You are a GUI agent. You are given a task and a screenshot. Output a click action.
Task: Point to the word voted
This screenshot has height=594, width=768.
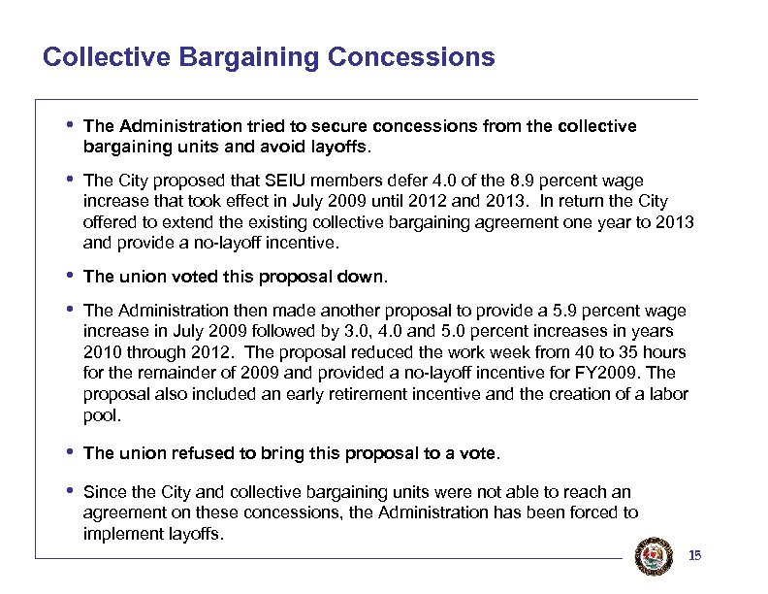179,277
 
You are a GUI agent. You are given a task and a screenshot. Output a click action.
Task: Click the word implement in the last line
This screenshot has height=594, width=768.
120,532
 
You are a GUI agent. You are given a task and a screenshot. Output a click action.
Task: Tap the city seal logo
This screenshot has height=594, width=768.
648,554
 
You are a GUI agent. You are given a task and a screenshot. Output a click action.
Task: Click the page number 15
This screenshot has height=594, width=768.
693,556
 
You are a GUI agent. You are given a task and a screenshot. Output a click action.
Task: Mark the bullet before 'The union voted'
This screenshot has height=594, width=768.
70,276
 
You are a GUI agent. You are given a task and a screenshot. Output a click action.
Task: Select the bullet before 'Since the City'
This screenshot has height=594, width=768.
70,491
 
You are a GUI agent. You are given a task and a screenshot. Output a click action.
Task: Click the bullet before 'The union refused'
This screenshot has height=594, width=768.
70,451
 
